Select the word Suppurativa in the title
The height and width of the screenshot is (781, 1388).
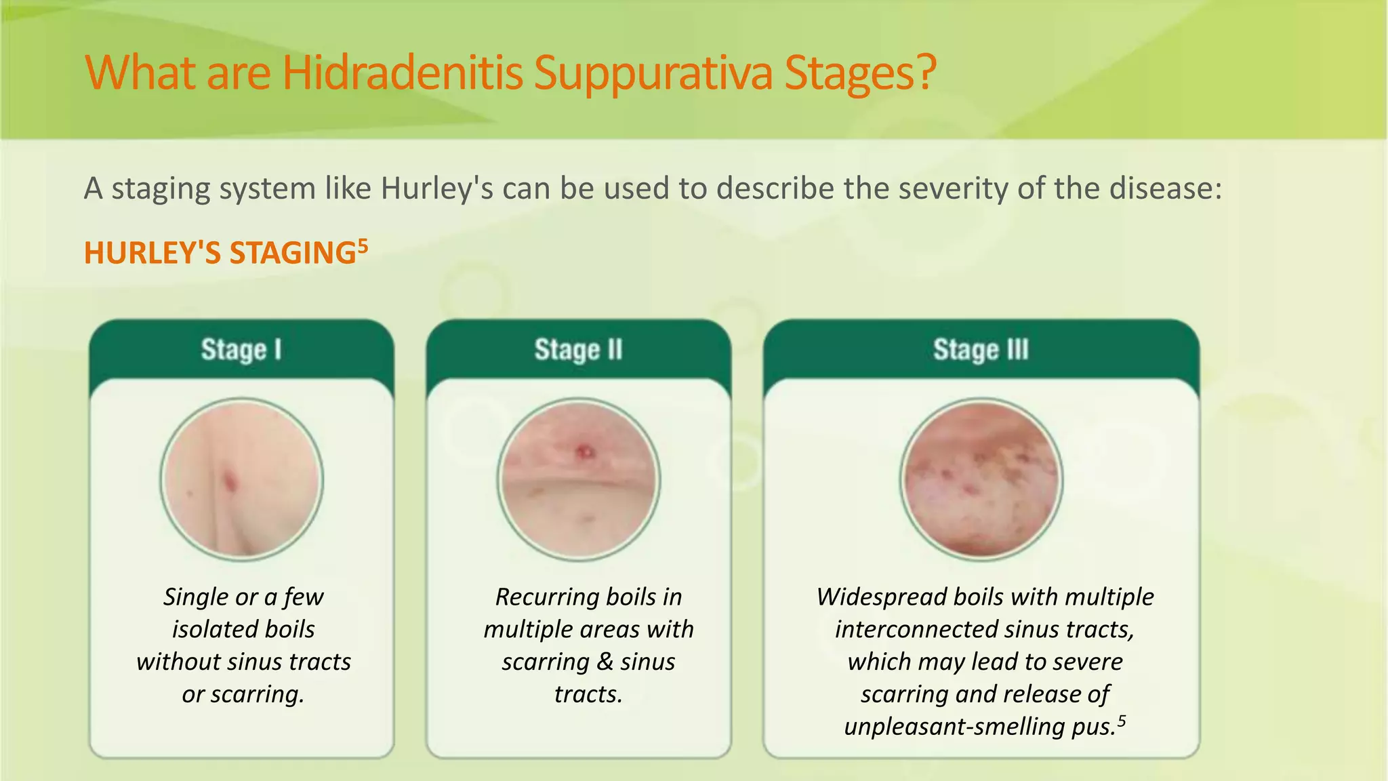pos(652,73)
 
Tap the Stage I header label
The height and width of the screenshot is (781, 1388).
pos(241,350)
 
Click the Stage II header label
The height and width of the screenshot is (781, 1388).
pos(578,350)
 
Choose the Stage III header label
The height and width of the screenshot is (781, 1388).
pos(981,350)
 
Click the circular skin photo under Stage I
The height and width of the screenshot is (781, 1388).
pos(242,479)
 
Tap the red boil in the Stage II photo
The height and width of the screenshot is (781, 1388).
pos(584,451)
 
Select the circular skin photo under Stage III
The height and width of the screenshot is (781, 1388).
pos(981,479)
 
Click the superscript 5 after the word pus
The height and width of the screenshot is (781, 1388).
pos(1122,720)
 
